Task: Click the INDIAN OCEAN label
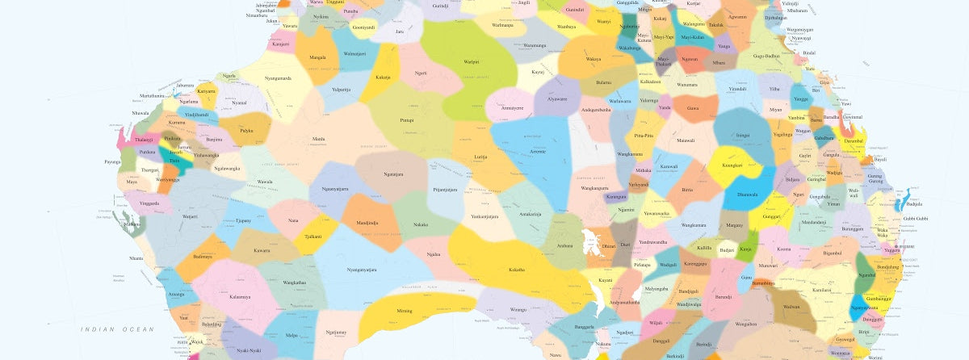[x=116, y=329]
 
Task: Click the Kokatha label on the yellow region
[x=517, y=270]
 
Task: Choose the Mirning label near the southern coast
[x=404, y=310]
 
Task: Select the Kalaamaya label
[x=239, y=296]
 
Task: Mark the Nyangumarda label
[x=278, y=78]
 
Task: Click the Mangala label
[x=318, y=57]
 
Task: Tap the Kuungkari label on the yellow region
[x=732, y=165]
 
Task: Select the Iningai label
[x=743, y=136]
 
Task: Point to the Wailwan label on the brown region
[x=792, y=307]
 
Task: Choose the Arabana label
[x=564, y=245]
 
